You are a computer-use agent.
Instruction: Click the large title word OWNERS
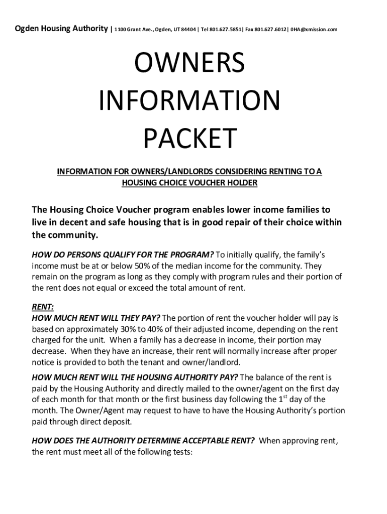point(189,63)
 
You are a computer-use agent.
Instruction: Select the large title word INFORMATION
point(189,101)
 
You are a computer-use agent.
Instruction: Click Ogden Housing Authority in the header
point(61,29)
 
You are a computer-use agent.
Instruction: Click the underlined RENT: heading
point(43,307)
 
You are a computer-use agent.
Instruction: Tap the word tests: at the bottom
point(179,452)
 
